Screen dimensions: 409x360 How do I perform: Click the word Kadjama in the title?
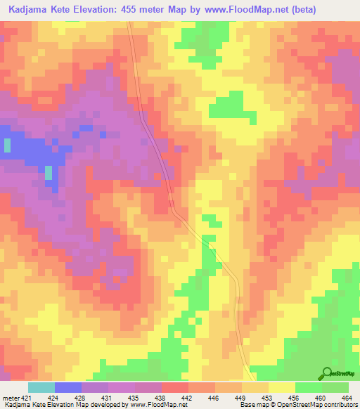coord(30,10)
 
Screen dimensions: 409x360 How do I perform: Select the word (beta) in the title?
coord(305,10)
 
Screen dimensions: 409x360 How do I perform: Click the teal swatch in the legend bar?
coord(41,387)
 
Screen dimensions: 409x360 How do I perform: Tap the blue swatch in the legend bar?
coord(67,387)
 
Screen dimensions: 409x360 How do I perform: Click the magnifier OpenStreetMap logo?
coord(327,373)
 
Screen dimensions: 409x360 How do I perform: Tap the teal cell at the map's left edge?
coord(7,145)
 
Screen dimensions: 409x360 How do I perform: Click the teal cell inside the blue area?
coord(49,173)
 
